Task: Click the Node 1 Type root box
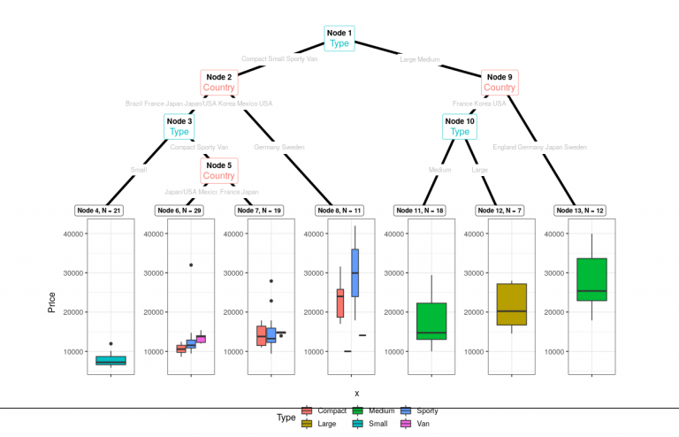click(x=339, y=38)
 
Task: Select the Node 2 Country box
click(x=218, y=82)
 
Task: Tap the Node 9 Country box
click(x=500, y=82)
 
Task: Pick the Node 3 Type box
click(x=179, y=126)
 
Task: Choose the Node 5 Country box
click(x=218, y=170)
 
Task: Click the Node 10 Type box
click(x=460, y=126)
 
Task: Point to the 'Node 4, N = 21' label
click(x=99, y=211)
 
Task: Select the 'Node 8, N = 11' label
click(x=339, y=211)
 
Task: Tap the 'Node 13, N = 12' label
click(x=579, y=211)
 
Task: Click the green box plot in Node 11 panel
click(x=431, y=321)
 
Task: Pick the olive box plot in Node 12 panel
click(x=511, y=304)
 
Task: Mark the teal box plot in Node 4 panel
click(x=111, y=360)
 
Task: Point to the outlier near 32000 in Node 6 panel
click(x=191, y=264)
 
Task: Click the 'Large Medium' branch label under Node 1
click(x=419, y=59)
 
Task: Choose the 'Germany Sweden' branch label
click(x=278, y=147)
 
